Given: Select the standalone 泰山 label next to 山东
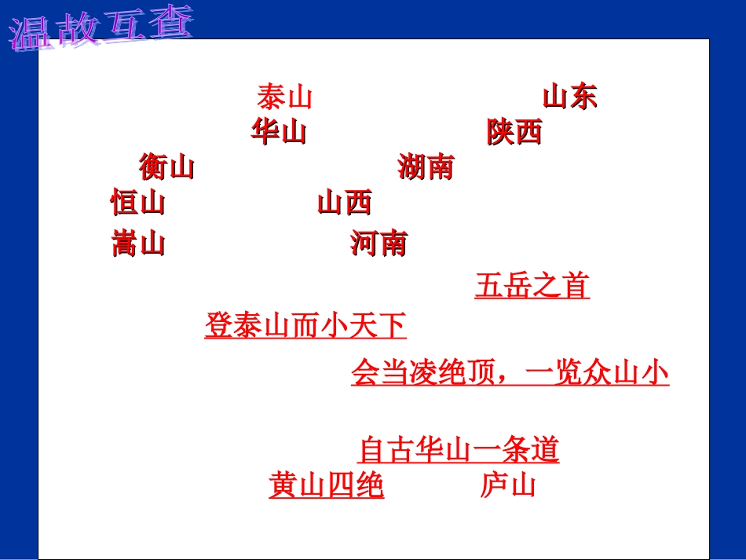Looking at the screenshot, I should [x=284, y=97].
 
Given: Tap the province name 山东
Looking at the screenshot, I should [x=570, y=97].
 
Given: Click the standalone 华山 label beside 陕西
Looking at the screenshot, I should [x=279, y=132].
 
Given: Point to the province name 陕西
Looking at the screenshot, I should [x=514, y=132].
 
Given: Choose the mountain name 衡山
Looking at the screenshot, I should [x=166, y=167].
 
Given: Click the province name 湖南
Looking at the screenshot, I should [x=426, y=167].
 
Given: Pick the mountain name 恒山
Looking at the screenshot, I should [x=138, y=203].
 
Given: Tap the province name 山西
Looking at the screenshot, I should [x=344, y=203].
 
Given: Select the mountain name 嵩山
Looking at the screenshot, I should [x=138, y=243].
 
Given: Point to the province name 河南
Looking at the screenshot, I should [x=378, y=243].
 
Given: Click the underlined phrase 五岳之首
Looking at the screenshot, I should [x=532, y=286].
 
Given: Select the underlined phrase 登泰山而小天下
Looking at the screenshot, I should [x=305, y=325].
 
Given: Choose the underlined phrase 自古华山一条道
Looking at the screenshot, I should [x=458, y=451].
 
